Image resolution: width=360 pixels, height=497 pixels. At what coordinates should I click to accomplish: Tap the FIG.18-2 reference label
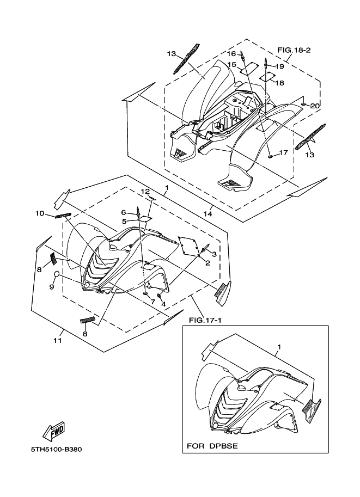[294, 50]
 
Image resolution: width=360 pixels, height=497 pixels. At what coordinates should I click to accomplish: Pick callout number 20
[315, 106]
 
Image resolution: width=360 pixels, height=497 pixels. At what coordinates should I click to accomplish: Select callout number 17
[283, 153]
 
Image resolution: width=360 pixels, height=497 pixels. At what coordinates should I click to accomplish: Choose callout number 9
[52, 286]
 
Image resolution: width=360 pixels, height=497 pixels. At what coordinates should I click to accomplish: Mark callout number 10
[39, 213]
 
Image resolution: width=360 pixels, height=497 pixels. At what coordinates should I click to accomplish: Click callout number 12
[145, 192]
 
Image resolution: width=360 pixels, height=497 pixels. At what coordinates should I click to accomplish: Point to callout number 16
[231, 54]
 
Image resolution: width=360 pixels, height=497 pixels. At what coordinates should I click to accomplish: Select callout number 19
[279, 66]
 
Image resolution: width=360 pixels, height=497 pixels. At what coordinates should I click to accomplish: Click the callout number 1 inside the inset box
[279, 347]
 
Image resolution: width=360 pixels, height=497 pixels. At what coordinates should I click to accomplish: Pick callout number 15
[231, 65]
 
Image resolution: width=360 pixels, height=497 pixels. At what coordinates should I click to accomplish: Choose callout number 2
[208, 263]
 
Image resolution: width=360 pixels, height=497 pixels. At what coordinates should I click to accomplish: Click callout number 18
[279, 83]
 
